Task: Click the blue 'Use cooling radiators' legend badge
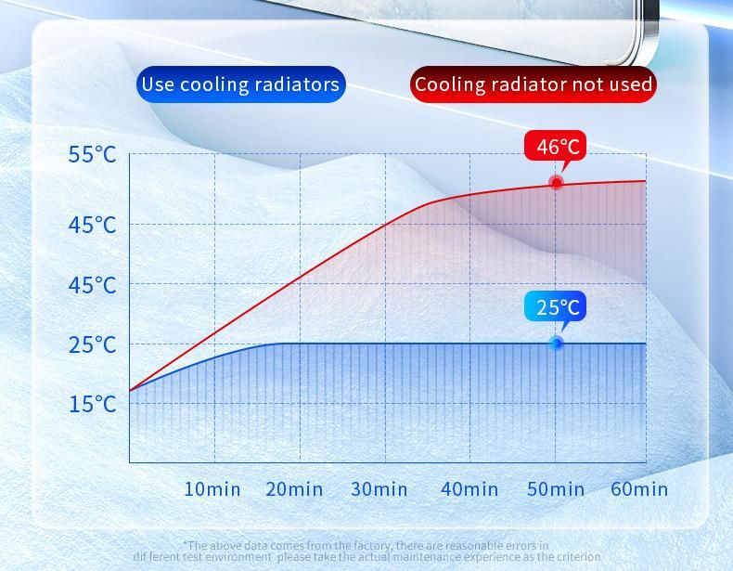pyautogui.click(x=240, y=84)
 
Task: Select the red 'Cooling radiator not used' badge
pyautogui.click(x=534, y=84)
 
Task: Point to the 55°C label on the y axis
pyautogui.click(x=92, y=154)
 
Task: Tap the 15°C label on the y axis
pyautogui.click(x=92, y=404)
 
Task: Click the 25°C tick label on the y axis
pyautogui.click(x=92, y=344)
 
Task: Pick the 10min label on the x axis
pyautogui.click(x=212, y=488)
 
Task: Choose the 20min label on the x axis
pyautogui.click(x=294, y=488)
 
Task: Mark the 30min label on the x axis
pyautogui.click(x=379, y=488)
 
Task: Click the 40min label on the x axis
pyautogui.click(x=469, y=488)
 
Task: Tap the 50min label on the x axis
pyautogui.click(x=556, y=488)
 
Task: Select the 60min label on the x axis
pyautogui.click(x=638, y=488)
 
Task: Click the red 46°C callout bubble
pyautogui.click(x=557, y=147)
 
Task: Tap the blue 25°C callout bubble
pyautogui.click(x=557, y=306)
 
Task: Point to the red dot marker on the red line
pyautogui.click(x=556, y=182)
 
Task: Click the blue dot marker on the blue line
pyautogui.click(x=556, y=344)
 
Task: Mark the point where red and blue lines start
pyautogui.click(x=130, y=391)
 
